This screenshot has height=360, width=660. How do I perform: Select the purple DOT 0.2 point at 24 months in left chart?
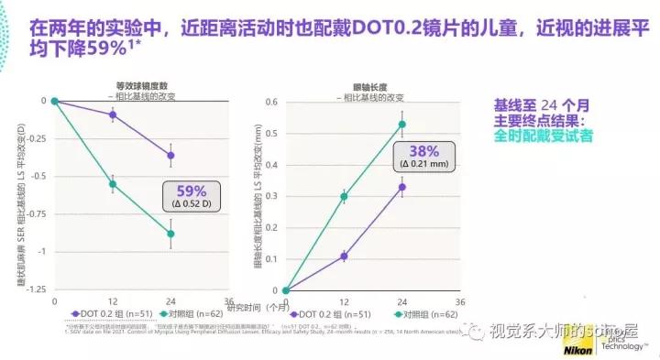point(170,156)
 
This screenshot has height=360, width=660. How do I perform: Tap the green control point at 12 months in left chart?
point(113,184)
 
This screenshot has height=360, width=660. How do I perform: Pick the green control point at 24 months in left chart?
point(170,234)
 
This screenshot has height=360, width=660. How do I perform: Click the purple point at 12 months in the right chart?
point(344,256)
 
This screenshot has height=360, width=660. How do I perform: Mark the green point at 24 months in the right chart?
point(401,125)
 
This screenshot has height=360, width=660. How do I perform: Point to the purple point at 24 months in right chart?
point(401,187)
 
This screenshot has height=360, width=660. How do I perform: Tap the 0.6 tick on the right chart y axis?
point(272,101)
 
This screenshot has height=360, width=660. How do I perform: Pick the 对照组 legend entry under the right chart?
point(421,314)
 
